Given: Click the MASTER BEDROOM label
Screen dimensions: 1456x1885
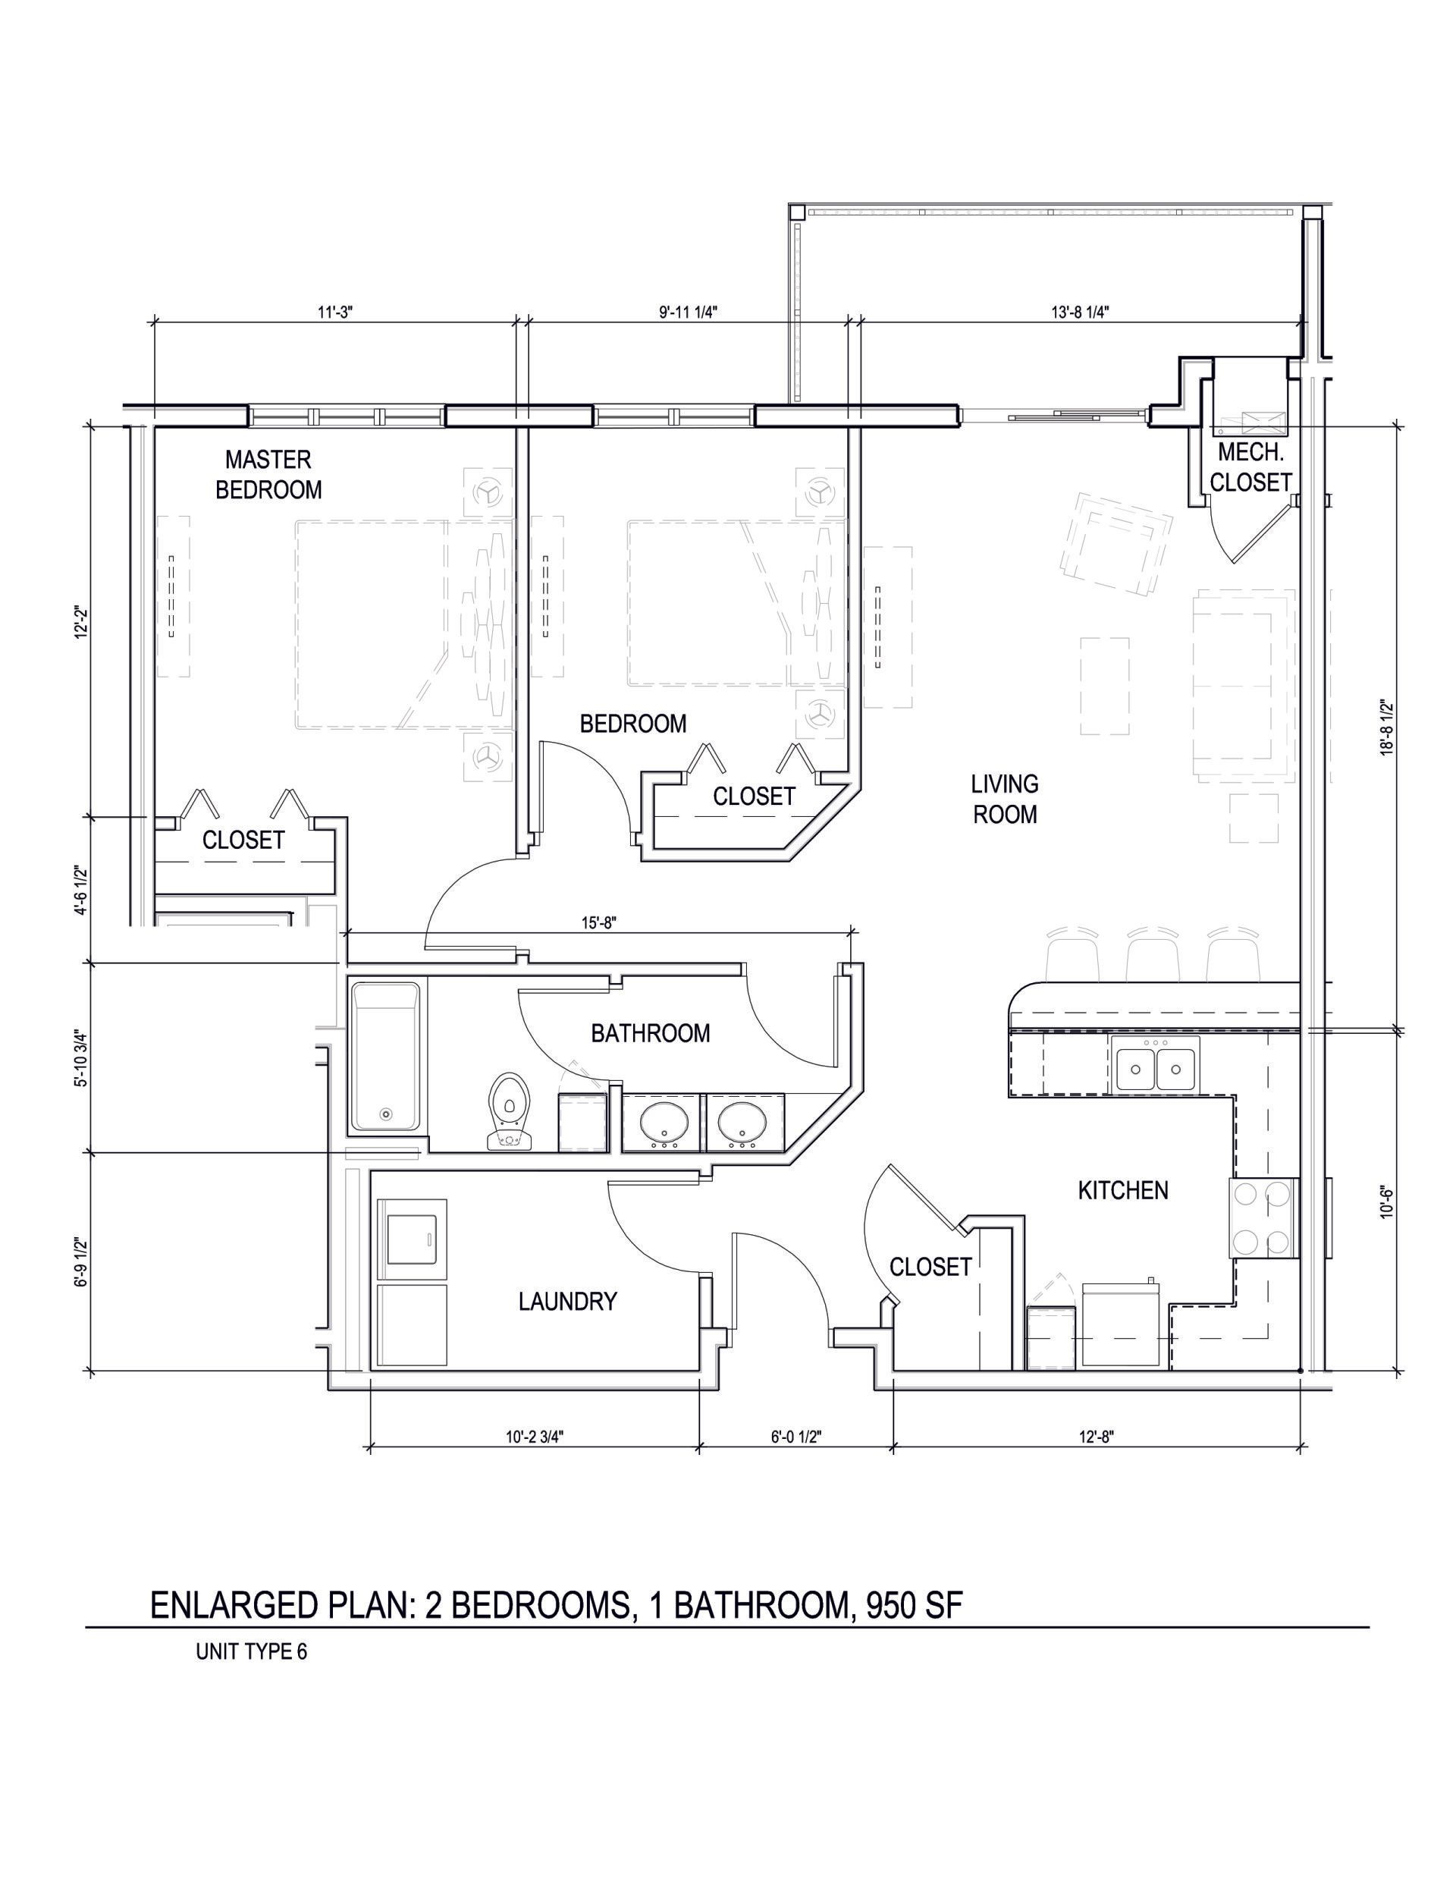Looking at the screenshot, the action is (x=268, y=474).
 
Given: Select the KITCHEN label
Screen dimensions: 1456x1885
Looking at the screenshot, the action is (x=1123, y=1190).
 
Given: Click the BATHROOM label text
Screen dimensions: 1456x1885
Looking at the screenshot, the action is (x=650, y=1032).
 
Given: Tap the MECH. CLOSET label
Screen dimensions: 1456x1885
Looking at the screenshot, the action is (x=1250, y=467).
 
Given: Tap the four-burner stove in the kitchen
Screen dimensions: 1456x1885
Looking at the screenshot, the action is (x=1263, y=1217).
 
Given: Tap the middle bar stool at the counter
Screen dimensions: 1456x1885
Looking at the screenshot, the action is (x=1152, y=954).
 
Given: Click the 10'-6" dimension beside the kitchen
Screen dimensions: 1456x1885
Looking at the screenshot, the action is (x=1386, y=1200).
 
